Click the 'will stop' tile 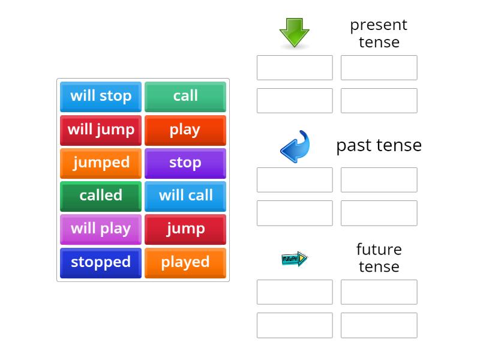point(101,96)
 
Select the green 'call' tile point(185,96)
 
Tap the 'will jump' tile point(101,130)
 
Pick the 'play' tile point(185,130)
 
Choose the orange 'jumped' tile point(101,163)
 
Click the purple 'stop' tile point(185,163)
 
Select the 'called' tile point(101,196)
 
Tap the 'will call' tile point(185,196)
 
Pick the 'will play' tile point(101,229)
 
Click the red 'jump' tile point(185,229)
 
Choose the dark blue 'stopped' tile point(101,262)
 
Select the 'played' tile point(185,262)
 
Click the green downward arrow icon point(295,32)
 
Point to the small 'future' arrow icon point(295,259)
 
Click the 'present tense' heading point(379,33)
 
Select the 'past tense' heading point(379,145)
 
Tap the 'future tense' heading point(379,257)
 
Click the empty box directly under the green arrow point(295,68)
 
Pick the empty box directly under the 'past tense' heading point(379,180)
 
